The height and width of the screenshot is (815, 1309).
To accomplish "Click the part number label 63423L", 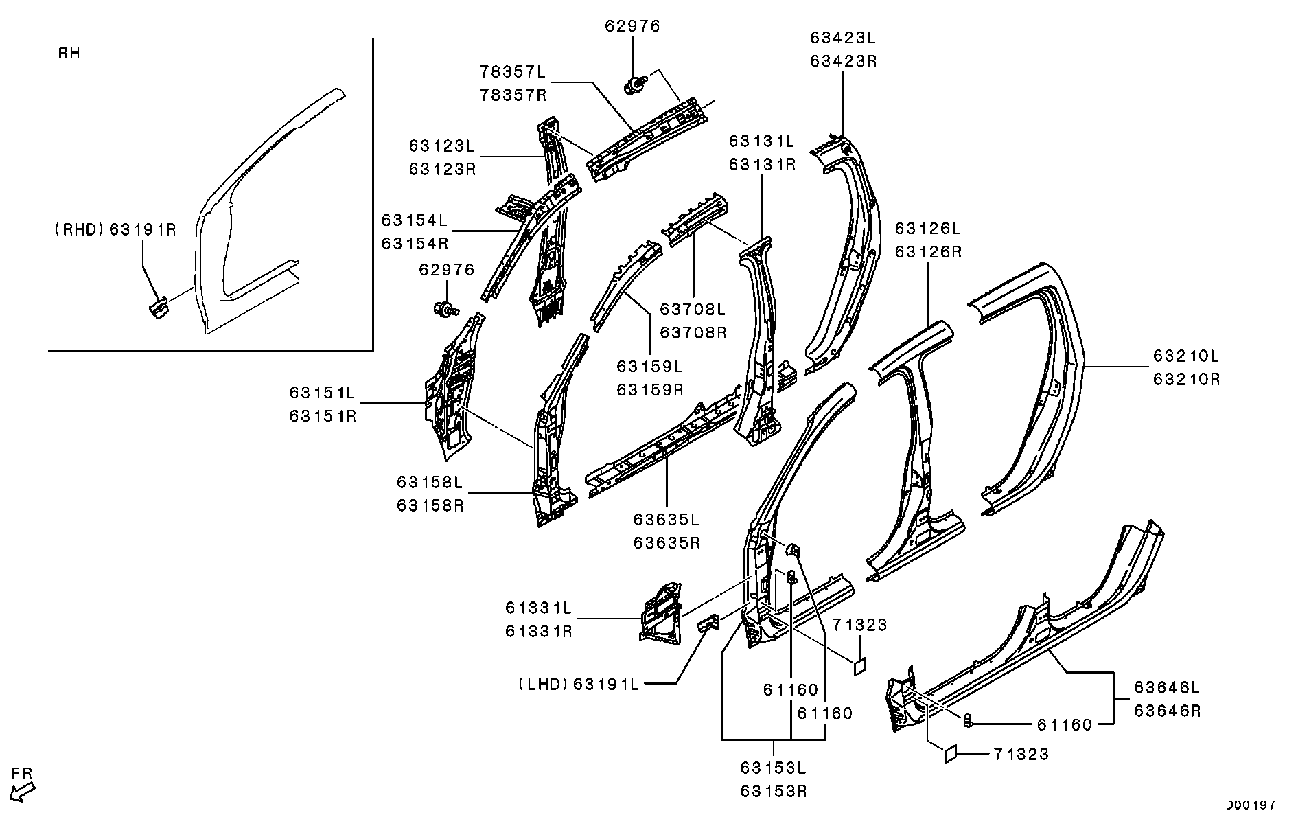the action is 844,38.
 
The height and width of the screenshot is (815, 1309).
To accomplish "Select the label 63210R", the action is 1186,378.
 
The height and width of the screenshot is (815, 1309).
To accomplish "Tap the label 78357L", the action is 513,71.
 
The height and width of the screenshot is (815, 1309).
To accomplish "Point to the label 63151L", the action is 323,393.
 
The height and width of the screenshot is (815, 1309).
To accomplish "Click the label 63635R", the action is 667,542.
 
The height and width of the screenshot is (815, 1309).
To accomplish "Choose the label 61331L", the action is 539,608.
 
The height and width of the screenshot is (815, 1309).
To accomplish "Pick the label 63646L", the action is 1167,687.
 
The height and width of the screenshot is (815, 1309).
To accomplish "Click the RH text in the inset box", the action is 69,54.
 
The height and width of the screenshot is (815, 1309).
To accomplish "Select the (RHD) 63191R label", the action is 115,229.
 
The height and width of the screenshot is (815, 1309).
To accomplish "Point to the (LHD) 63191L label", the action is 579,684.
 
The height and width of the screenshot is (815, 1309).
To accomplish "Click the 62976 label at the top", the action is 632,26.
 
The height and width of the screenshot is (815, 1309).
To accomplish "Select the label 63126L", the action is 928,229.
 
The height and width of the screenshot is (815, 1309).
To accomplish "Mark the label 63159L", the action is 650,367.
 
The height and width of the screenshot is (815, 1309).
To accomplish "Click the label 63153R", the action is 774,791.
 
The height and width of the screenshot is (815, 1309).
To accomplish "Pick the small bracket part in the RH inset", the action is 158,307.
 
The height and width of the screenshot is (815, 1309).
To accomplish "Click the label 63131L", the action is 762,141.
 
